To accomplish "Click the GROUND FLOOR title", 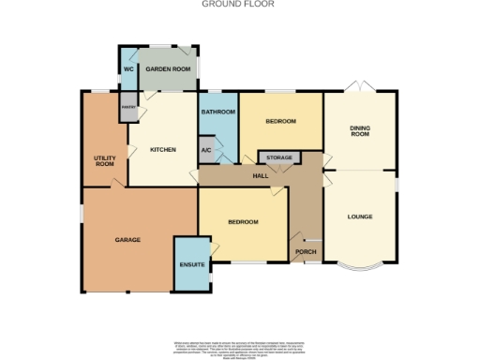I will pos(239,4).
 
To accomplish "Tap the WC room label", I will pos(127,69).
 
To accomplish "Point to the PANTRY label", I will pos(128,108).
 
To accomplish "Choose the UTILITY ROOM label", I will pos(104,160).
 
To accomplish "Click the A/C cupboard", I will pos(206,151).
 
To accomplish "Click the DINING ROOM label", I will pos(360,130).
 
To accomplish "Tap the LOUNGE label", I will pos(360,217).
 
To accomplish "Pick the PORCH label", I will pos(305,252).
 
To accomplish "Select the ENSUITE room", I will pos(191,264).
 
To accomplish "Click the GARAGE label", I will pos(127,240).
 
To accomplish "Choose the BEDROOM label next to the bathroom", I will pos(279,122).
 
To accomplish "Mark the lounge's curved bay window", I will pos(360,269).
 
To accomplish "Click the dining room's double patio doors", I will pos(360,87).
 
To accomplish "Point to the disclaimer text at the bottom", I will pos(239,348).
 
